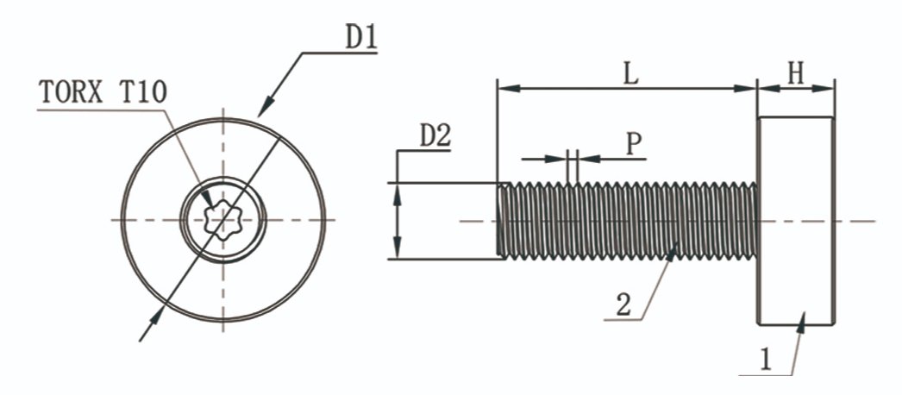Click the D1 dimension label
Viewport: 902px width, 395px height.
361,37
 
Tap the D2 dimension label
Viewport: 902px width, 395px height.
435,136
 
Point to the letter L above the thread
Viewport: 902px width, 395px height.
630,74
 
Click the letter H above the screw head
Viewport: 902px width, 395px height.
794,74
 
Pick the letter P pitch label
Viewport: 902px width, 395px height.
634,143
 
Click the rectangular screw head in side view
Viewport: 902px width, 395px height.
795,221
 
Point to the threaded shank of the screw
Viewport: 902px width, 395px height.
630,221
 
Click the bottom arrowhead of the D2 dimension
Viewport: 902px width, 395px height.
398,248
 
